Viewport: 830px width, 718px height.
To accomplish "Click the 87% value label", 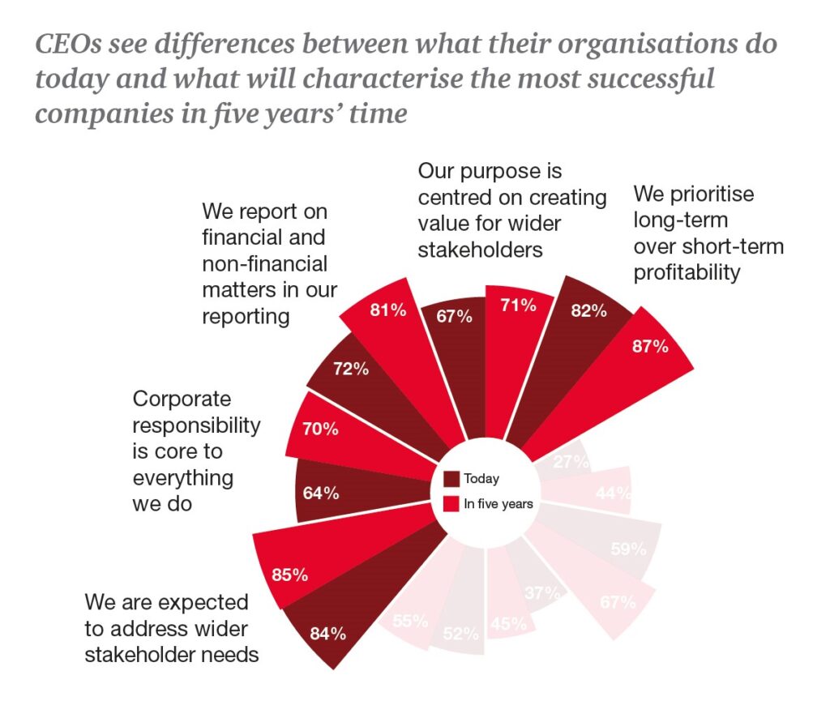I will tap(651, 347).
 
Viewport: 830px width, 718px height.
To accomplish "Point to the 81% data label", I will tap(387, 310).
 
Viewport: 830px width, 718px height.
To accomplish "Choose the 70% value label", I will tap(320, 429).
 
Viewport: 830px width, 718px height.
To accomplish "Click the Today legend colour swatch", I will tap(452, 479).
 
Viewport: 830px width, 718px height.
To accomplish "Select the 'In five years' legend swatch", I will tap(452, 504).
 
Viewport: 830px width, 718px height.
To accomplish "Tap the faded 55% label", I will tap(410, 622).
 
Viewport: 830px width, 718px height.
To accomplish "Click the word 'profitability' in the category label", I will tap(687, 272).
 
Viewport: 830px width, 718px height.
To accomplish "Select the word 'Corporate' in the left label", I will tap(182, 399).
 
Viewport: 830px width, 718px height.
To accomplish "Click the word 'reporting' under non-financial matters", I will tap(246, 316).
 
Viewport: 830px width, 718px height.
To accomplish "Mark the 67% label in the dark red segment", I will tap(454, 316).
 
